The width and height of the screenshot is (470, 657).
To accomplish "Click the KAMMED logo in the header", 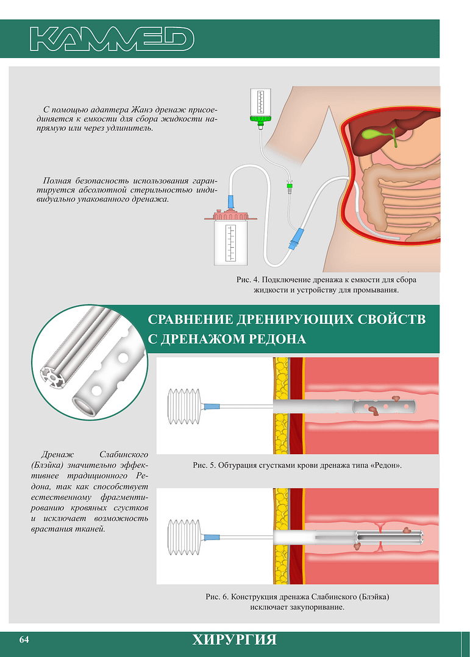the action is pyautogui.click(x=112, y=39).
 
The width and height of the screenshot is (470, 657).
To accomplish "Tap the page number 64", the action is pyautogui.click(x=24, y=639).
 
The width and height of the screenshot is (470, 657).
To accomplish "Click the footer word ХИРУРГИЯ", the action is pyautogui.click(x=235, y=640).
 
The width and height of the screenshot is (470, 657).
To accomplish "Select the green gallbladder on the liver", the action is pyautogui.click(x=379, y=135).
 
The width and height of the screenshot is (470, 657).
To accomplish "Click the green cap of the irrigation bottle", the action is pyautogui.click(x=260, y=119).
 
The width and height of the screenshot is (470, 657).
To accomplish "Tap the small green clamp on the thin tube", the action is pyautogui.click(x=289, y=184).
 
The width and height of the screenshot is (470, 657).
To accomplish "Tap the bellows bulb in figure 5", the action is pyautogui.click(x=184, y=406).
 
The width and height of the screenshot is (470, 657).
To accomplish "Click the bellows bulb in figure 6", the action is pyautogui.click(x=184, y=537).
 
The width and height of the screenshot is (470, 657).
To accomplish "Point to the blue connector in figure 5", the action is pyautogui.click(x=211, y=406).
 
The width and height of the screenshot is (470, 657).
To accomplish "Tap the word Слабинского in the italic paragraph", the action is pyautogui.click(x=124, y=455).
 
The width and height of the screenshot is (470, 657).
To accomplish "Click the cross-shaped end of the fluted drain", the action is pyautogui.click(x=53, y=377).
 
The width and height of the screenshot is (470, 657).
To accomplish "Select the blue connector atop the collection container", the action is pyautogui.click(x=230, y=202).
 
